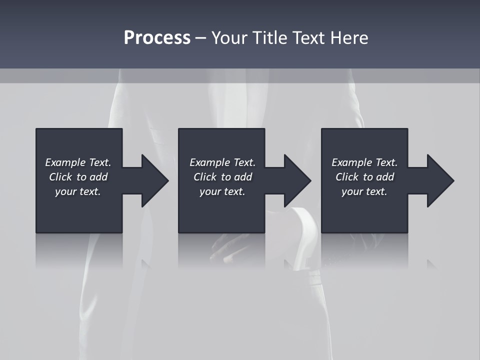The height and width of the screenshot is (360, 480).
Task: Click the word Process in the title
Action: click(x=157, y=38)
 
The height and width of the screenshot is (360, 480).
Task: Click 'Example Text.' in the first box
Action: click(x=78, y=162)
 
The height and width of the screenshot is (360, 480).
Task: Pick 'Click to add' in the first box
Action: click(x=78, y=177)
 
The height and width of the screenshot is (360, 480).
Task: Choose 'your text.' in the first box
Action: click(x=78, y=191)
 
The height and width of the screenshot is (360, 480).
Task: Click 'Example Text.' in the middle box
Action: click(x=222, y=162)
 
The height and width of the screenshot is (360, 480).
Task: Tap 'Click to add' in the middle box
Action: click(x=222, y=177)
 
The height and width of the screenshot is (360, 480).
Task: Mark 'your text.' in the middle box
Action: click(x=222, y=191)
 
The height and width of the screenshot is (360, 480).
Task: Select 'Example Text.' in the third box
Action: click(x=364, y=162)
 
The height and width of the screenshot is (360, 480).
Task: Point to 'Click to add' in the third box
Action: click(x=364, y=177)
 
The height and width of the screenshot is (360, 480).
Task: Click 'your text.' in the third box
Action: click(x=364, y=191)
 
